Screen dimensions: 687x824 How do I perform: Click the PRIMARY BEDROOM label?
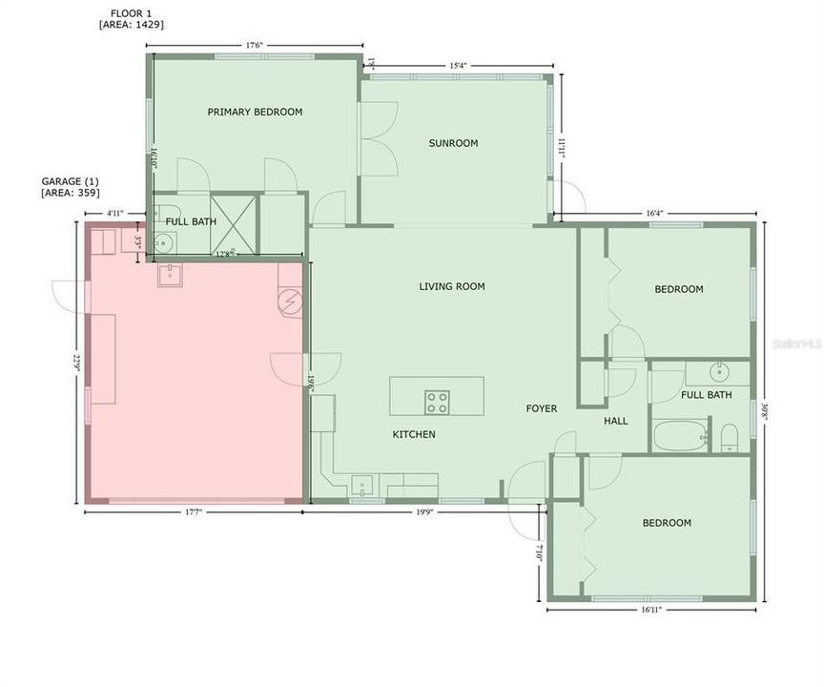point(255,112)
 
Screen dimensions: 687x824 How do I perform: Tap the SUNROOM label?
point(453,143)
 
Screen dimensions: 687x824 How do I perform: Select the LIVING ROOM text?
point(452,286)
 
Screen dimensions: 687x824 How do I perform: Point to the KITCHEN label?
point(414,434)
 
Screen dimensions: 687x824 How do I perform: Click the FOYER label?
point(542,409)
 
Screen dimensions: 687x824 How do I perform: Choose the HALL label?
point(615,420)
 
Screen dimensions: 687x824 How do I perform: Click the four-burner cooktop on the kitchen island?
point(437,402)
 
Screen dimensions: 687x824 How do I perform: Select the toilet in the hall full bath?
point(730,437)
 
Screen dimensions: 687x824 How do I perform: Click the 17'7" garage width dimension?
point(195,512)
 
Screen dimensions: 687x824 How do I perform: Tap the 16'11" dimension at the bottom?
point(651,609)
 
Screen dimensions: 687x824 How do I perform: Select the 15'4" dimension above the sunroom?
point(458,65)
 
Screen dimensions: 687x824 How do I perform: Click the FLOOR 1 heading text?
point(130,13)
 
